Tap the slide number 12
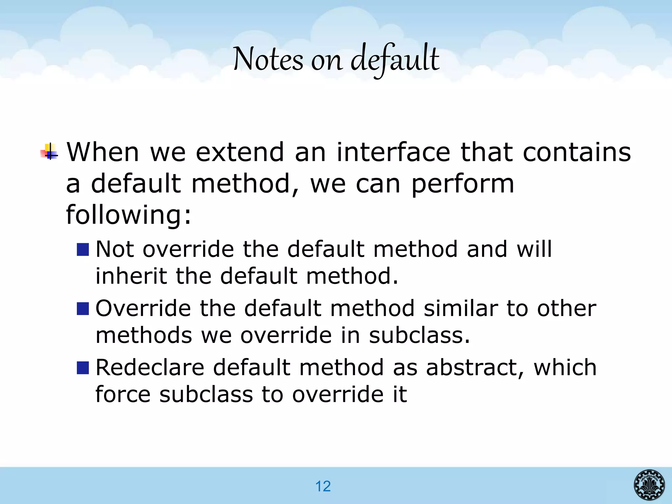[x=323, y=486]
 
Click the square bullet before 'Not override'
[x=83, y=250]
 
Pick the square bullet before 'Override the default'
[x=83, y=309]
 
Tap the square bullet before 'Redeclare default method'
[x=83, y=368]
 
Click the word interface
[x=393, y=152]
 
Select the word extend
[x=240, y=152]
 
